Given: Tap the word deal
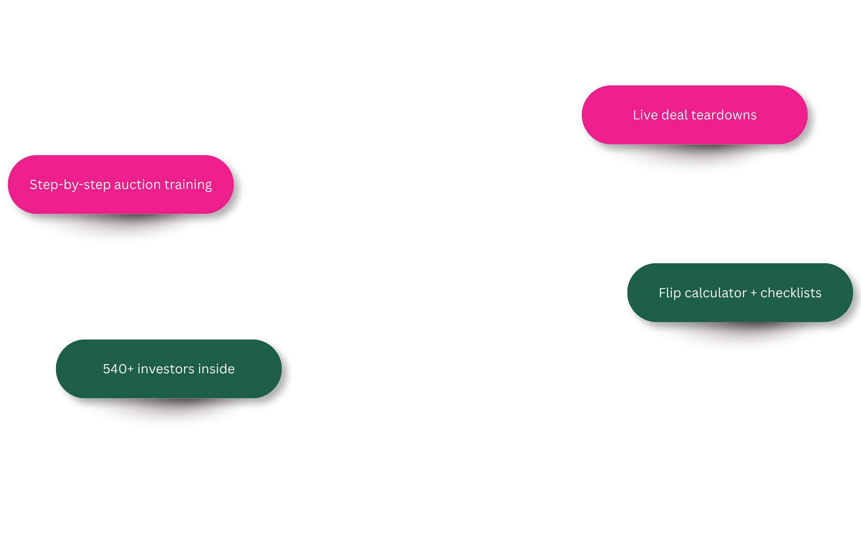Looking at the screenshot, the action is coord(674,115).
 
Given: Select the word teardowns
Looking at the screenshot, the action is coord(724,115).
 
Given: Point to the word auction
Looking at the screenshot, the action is coord(137,185).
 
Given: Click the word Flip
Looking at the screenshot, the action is coord(670,293).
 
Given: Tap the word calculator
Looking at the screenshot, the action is coord(716,293).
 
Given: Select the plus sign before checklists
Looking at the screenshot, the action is coord(754,293).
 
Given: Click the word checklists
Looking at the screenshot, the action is coord(791,293).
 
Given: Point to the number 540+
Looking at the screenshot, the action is coord(118,369).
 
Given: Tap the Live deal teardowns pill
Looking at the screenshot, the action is coord(695,115).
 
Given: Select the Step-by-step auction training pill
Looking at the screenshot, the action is coord(121,184).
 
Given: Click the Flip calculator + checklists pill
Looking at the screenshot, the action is coord(740,293).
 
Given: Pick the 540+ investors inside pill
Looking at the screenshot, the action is coord(169,369).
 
